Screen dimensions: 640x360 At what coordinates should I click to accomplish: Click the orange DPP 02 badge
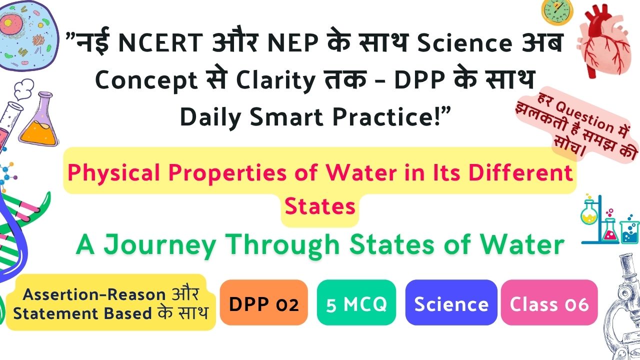click(263, 302)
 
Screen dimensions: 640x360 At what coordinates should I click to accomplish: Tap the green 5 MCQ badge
click(356, 302)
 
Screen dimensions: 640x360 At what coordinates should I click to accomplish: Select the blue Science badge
click(451, 302)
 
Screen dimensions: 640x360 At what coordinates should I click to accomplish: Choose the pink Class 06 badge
click(549, 302)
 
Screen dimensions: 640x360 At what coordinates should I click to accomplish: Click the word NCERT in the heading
click(160, 42)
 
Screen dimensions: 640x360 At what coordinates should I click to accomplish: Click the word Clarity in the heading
click(275, 80)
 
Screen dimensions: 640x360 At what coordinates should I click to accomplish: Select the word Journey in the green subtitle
click(159, 245)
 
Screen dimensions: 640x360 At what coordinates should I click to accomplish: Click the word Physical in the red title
click(113, 173)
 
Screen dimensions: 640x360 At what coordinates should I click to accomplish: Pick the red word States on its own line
click(320, 206)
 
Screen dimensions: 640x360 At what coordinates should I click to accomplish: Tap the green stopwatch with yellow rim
click(557, 11)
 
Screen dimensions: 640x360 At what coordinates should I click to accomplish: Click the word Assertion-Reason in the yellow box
click(94, 294)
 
